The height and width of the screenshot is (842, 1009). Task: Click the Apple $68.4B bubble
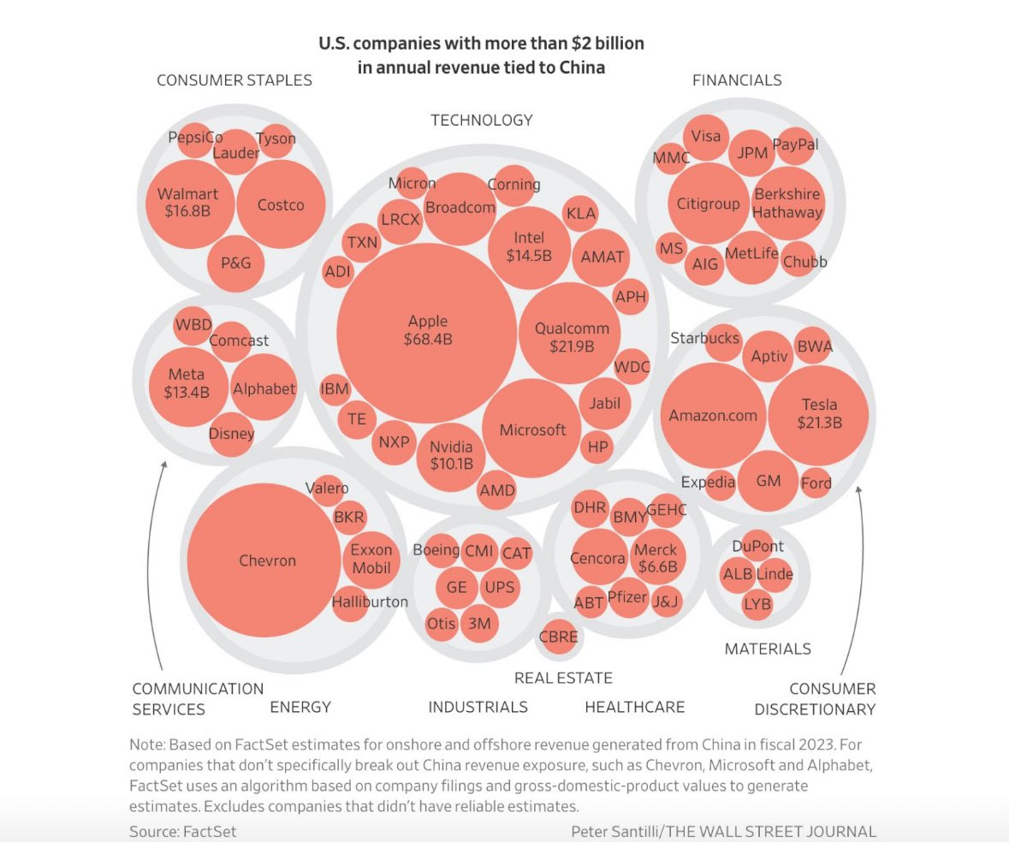tap(427, 330)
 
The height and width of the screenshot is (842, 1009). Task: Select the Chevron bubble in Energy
tap(267, 561)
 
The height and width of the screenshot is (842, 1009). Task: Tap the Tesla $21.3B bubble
tap(819, 413)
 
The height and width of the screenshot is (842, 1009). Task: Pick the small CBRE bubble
tap(558, 637)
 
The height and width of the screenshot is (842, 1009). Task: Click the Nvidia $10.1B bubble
tap(451, 456)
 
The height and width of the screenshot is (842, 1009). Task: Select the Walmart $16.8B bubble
tap(187, 202)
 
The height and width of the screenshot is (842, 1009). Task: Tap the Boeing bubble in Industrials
tap(436, 550)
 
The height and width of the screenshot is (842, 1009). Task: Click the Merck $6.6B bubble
tap(656, 558)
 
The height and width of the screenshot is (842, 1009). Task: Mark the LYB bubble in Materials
tap(757, 604)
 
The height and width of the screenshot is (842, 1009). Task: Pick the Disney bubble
tap(231, 433)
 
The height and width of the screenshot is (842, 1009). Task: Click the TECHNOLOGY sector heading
tap(481, 121)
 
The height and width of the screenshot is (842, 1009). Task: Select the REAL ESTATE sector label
tap(563, 679)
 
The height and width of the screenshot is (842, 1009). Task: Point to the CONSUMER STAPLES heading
tap(234, 80)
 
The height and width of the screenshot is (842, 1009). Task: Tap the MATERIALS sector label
tap(768, 649)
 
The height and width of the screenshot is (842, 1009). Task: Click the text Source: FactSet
tap(182, 831)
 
